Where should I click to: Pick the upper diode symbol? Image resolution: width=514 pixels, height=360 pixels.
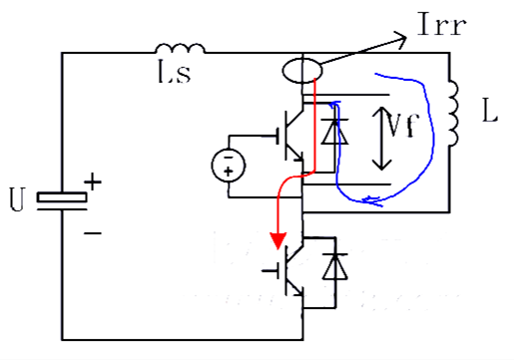point(336,132)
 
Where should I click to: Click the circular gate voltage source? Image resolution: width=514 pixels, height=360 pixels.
point(229,164)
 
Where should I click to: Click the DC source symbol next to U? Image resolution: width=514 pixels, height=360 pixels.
point(63,197)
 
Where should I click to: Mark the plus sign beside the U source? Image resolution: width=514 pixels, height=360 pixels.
point(93,181)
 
